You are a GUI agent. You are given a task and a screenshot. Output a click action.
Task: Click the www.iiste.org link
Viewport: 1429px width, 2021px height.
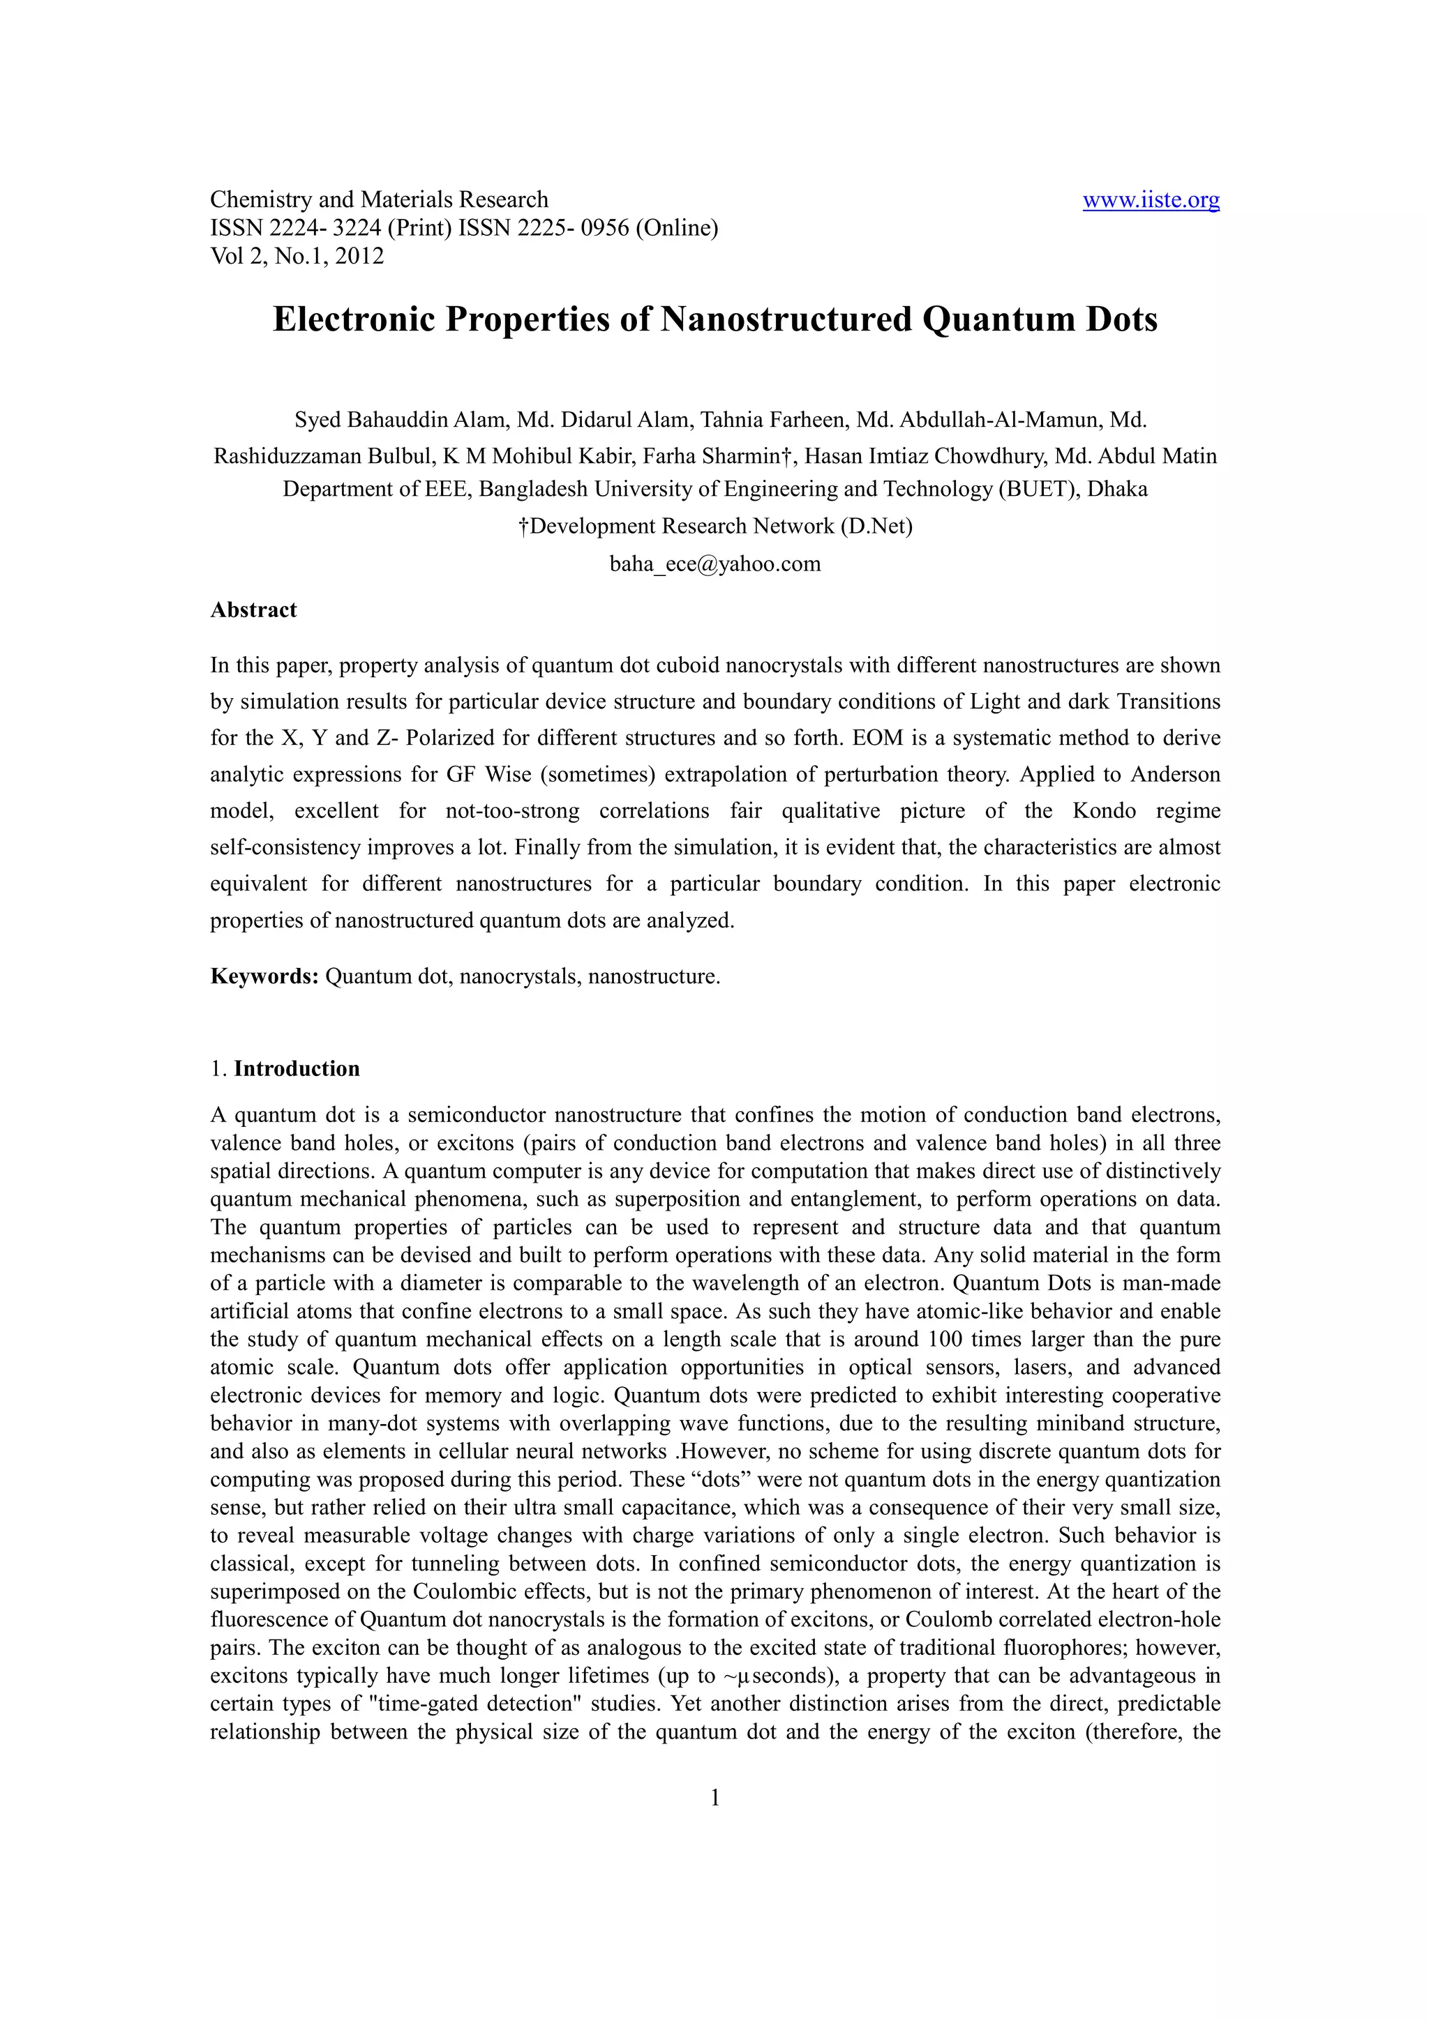[x=1150, y=200]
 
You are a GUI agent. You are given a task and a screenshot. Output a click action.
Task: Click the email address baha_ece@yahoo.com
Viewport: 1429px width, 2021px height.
[x=715, y=563]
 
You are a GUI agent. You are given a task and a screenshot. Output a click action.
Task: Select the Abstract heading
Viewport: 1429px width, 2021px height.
[x=253, y=610]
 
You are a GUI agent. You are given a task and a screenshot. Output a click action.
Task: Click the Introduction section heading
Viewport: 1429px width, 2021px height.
[x=297, y=1068]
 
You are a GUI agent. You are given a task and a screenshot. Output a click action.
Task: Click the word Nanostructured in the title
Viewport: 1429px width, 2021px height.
[x=786, y=319]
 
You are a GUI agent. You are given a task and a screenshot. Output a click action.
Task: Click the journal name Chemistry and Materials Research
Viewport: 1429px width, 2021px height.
[x=379, y=200]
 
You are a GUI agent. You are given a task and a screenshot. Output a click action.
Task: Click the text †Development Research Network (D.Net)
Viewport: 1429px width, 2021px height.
[x=715, y=527]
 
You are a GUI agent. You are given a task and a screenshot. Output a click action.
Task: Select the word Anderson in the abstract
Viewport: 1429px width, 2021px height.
[x=1176, y=775]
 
